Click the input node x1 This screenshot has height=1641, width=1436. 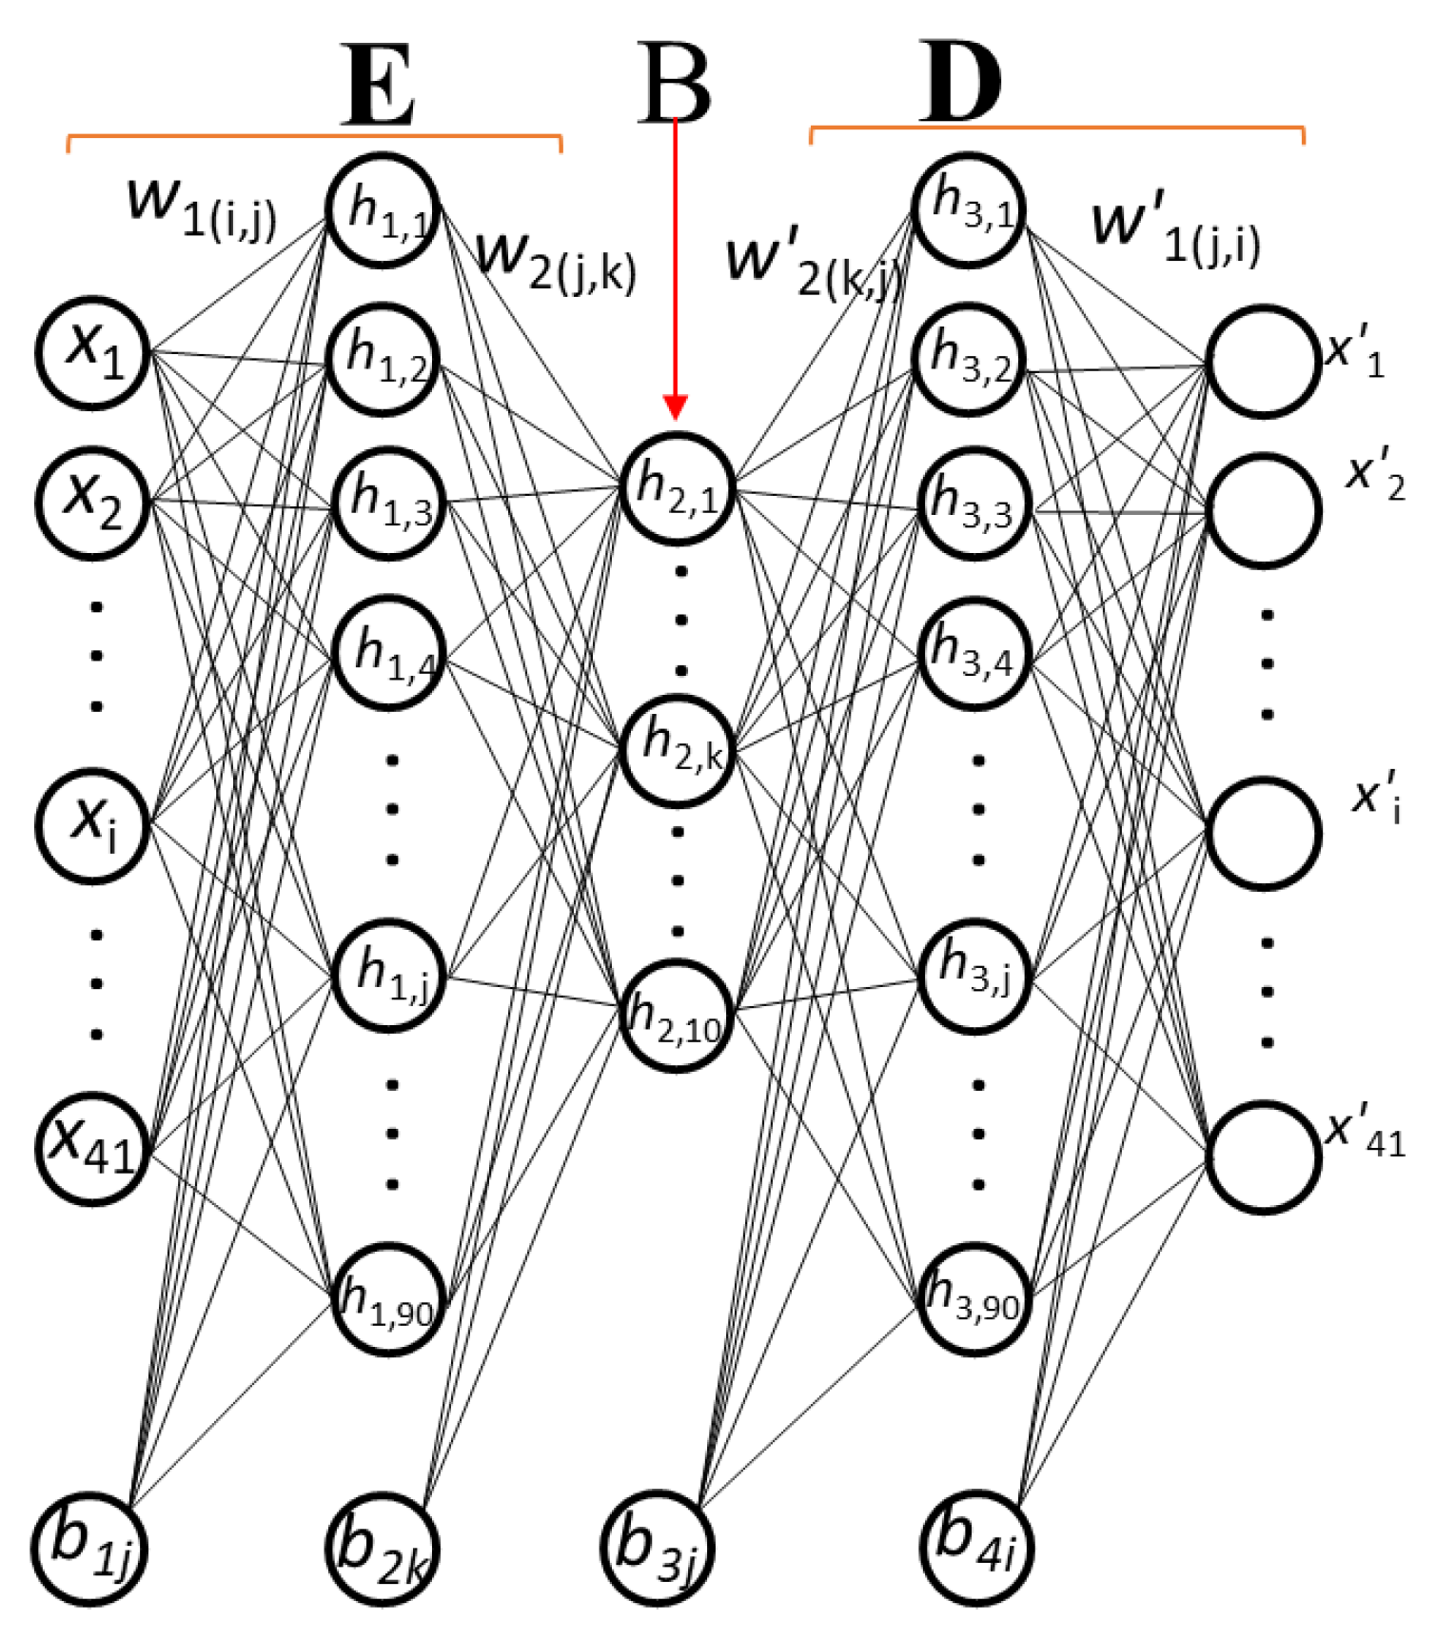pyautogui.click(x=93, y=352)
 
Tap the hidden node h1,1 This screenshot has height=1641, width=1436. pyautogui.click(x=383, y=208)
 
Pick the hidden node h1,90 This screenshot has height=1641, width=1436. pyautogui.click(x=388, y=1298)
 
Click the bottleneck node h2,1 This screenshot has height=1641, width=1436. pyautogui.click(x=677, y=488)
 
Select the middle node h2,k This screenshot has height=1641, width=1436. pyautogui.click(x=679, y=751)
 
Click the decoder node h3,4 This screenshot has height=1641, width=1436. pyautogui.click(x=973, y=653)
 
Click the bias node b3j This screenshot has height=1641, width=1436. pyautogui.click(x=657, y=1548)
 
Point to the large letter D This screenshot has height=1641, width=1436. pyautogui.click(x=961, y=84)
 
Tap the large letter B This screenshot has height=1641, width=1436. pyautogui.click(x=675, y=84)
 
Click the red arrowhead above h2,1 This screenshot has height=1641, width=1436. pyautogui.click(x=675, y=408)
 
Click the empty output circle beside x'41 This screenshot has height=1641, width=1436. pyautogui.click(x=1264, y=1157)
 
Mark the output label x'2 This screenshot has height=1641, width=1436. pyautogui.click(x=1374, y=476)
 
